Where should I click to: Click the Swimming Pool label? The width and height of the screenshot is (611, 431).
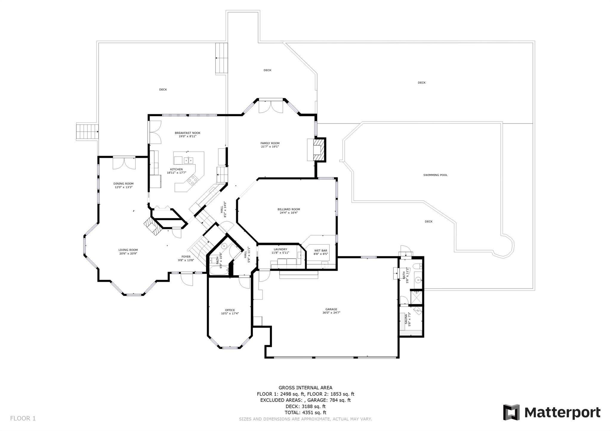click(435, 175)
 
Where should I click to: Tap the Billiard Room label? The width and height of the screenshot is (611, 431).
click(288, 209)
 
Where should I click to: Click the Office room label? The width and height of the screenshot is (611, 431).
click(230, 310)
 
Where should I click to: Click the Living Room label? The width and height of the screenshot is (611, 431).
click(128, 250)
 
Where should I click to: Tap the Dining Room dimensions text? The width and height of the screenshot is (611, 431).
click(124, 187)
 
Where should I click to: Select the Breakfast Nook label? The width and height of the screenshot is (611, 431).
click(187, 133)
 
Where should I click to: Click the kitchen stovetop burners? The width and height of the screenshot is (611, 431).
click(192, 179)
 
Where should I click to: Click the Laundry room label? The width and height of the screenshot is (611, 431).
click(280, 249)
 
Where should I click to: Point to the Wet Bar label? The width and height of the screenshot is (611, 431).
click(321, 250)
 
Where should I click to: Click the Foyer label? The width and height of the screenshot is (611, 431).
click(186, 257)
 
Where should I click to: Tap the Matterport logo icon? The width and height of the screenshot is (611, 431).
click(511, 413)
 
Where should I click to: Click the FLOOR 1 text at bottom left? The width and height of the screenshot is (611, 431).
click(23, 418)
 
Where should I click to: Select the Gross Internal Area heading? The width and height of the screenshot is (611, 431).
click(305, 388)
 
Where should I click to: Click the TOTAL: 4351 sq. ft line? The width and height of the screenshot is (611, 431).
click(305, 413)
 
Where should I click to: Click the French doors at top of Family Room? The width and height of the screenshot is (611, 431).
click(271, 107)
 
